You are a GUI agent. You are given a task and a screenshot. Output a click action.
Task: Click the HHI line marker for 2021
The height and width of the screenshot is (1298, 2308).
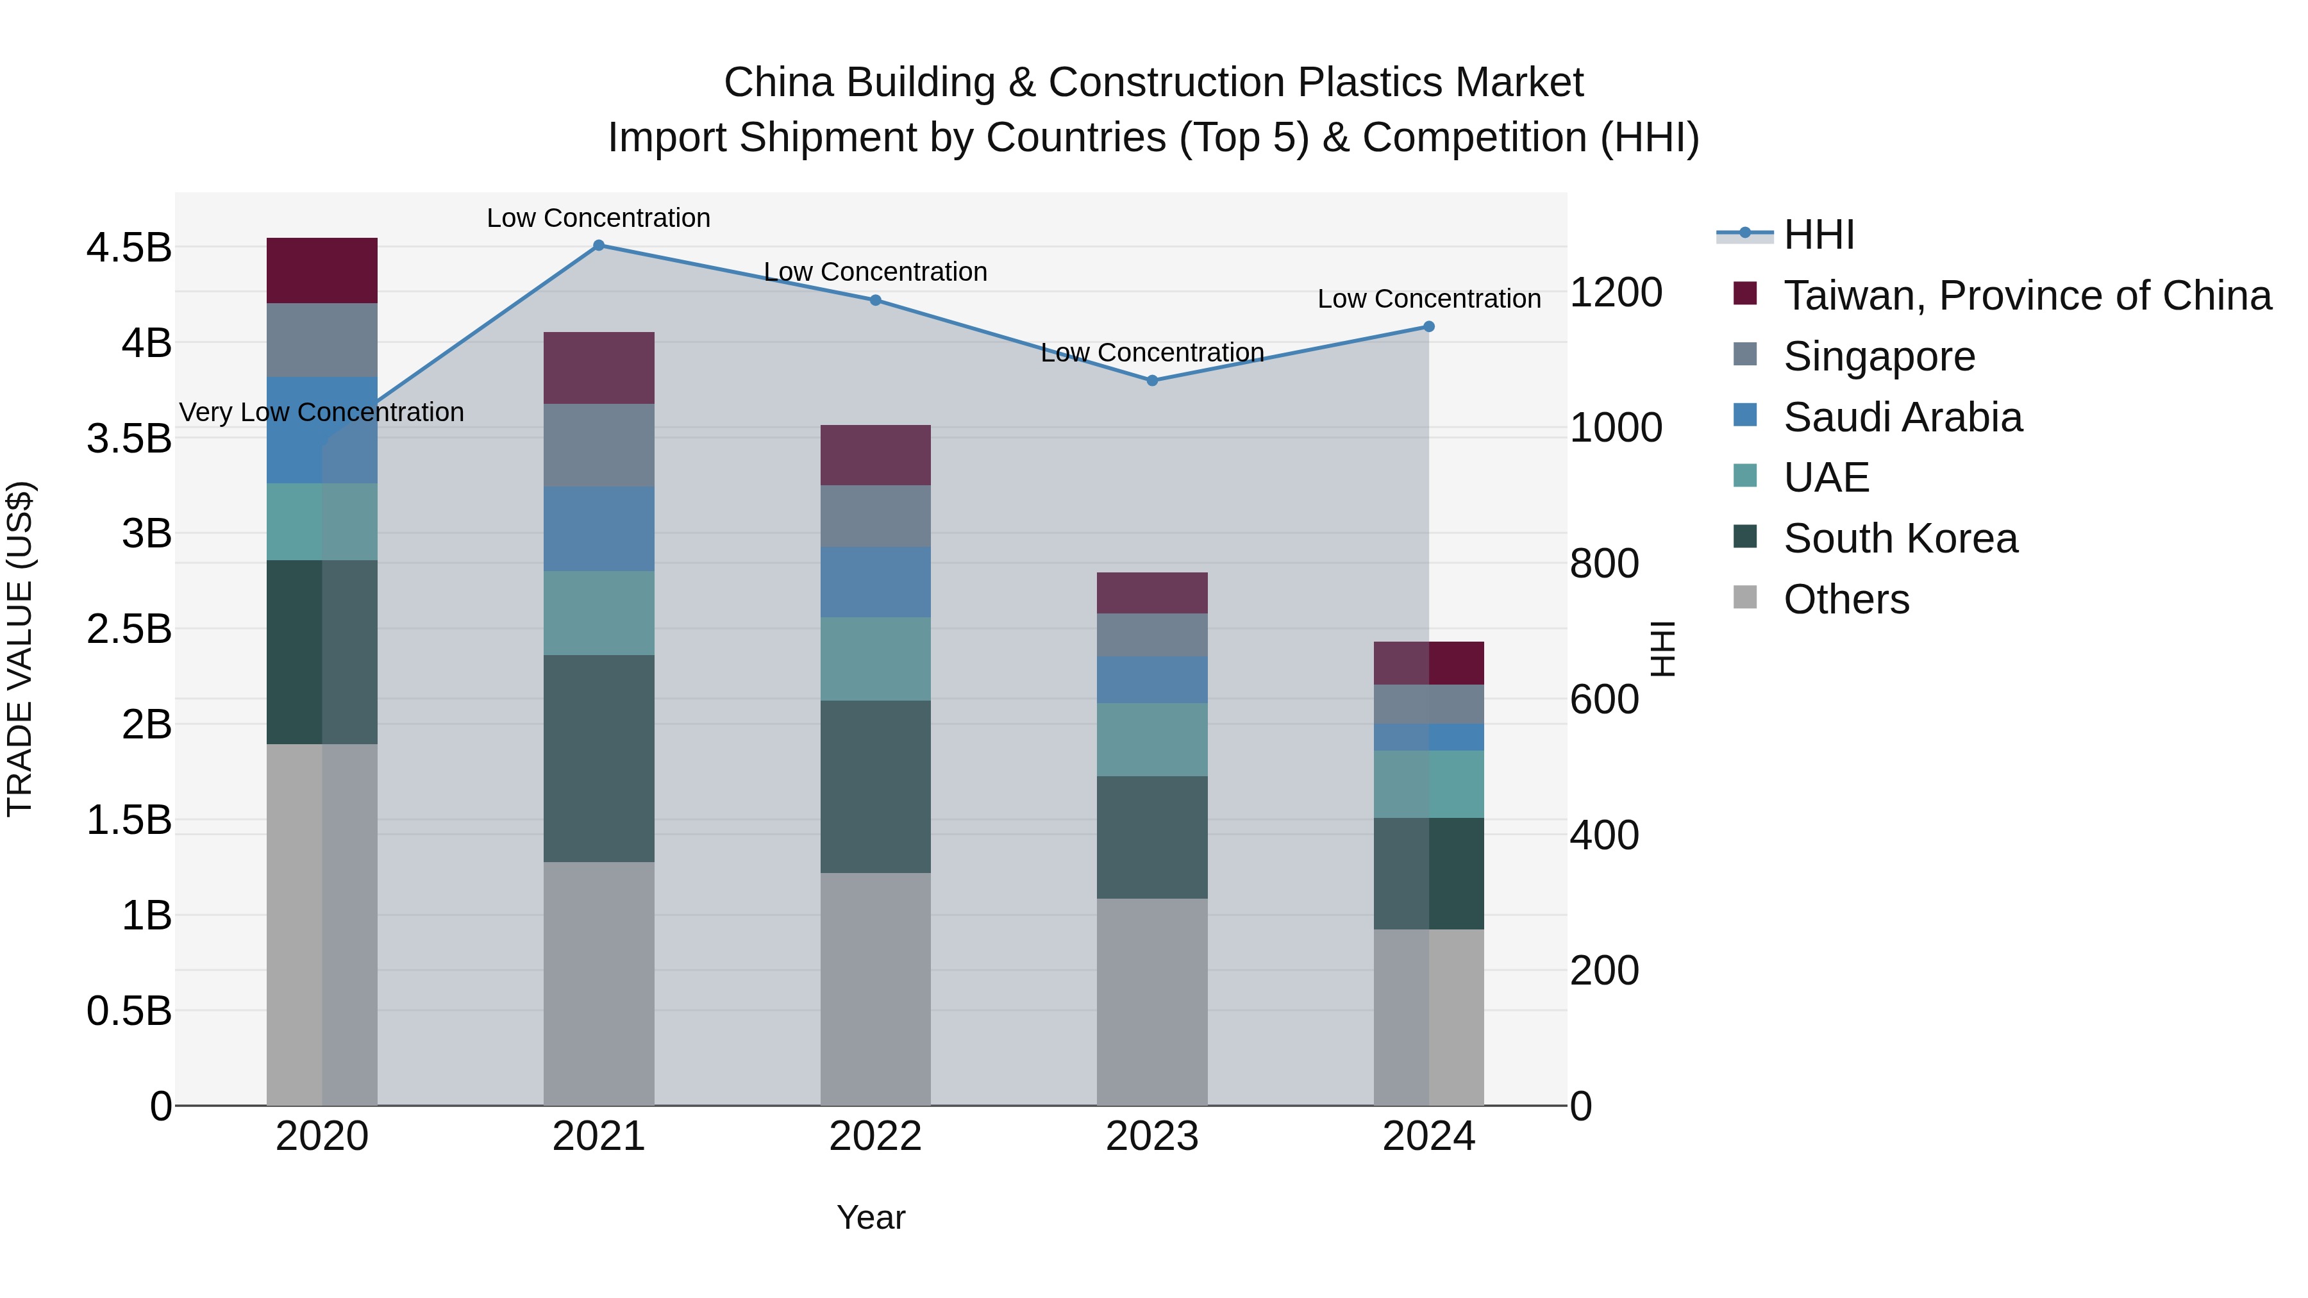click(599, 245)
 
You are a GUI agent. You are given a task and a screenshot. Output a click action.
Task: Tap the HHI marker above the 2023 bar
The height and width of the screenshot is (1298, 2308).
click(1152, 381)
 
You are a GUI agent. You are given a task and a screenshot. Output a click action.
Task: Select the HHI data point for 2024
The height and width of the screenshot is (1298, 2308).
click(1429, 327)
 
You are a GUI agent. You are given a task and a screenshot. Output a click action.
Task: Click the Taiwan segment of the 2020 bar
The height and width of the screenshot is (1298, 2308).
click(322, 270)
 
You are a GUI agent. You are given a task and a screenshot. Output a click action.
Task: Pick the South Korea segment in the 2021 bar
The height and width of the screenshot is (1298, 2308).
click(599, 759)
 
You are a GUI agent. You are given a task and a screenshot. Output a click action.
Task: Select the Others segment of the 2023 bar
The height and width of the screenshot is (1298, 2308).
click(1152, 1001)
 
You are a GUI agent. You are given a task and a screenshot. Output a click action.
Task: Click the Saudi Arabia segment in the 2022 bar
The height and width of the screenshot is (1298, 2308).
click(875, 582)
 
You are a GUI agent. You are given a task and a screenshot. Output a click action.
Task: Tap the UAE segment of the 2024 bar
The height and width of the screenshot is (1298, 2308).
click(1429, 785)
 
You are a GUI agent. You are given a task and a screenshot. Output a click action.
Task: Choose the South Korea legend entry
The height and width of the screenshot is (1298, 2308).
click(1900, 538)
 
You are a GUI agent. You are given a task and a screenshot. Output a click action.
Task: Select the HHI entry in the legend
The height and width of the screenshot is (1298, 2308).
click(1818, 235)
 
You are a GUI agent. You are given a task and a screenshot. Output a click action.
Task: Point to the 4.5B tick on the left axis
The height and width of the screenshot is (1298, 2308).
click(128, 248)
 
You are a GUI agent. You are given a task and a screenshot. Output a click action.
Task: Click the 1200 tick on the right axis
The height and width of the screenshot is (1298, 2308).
click(1616, 293)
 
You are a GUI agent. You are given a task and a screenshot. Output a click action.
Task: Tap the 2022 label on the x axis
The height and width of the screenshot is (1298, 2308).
click(875, 1136)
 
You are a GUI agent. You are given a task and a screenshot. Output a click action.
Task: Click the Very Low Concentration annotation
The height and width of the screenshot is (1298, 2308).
click(322, 412)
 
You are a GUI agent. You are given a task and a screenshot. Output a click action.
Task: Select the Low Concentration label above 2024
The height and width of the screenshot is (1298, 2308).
click(1429, 299)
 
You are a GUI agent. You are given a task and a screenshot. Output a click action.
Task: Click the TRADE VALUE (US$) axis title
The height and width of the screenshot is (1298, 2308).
click(20, 649)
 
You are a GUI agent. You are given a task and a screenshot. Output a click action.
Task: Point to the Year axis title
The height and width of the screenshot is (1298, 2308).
click(871, 1217)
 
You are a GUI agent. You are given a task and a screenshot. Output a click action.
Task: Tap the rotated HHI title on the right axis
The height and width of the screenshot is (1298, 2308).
click(1663, 649)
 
